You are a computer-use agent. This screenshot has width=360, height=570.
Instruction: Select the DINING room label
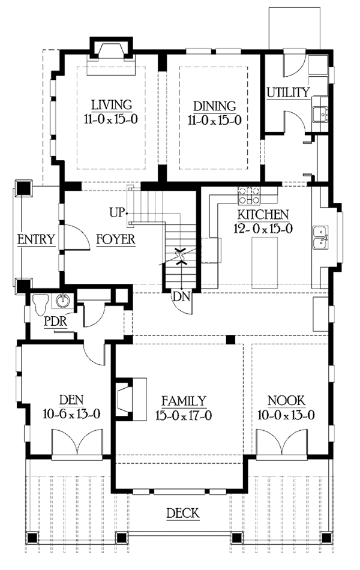pyautogui.click(x=214, y=104)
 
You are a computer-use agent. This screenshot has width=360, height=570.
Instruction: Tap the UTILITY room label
pyautogui.click(x=288, y=92)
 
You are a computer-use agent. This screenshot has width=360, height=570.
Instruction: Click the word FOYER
pyautogui.click(x=115, y=240)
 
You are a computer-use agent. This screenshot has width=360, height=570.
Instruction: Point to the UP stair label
pyautogui.click(x=117, y=212)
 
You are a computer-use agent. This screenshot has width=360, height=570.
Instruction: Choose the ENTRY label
pyautogui.click(x=36, y=239)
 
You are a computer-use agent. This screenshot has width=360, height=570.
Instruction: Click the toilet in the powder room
pyautogui.click(x=41, y=304)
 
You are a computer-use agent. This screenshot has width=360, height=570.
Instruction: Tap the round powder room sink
pyautogui.click(x=62, y=300)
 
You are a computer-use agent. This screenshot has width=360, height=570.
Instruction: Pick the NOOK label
pyautogui.click(x=287, y=401)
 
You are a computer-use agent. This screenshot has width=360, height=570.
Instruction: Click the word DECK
pyautogui.click(x=182, y=514)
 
